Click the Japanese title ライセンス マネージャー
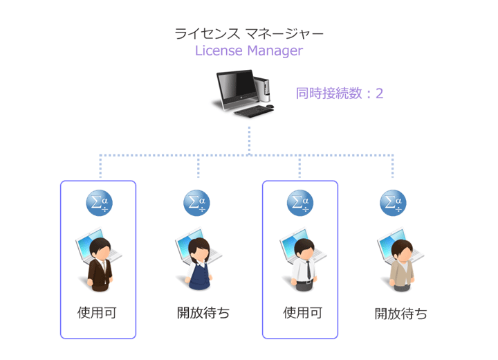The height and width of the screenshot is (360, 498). [x=248, y=33]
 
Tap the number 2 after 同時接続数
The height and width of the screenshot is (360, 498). [x=379, y=93]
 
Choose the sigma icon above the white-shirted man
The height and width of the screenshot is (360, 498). [x=300, y=201]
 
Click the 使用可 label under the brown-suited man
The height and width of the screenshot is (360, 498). [x=97, y=312]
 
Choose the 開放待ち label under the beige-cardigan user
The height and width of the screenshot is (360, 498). [x=401, y=314]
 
